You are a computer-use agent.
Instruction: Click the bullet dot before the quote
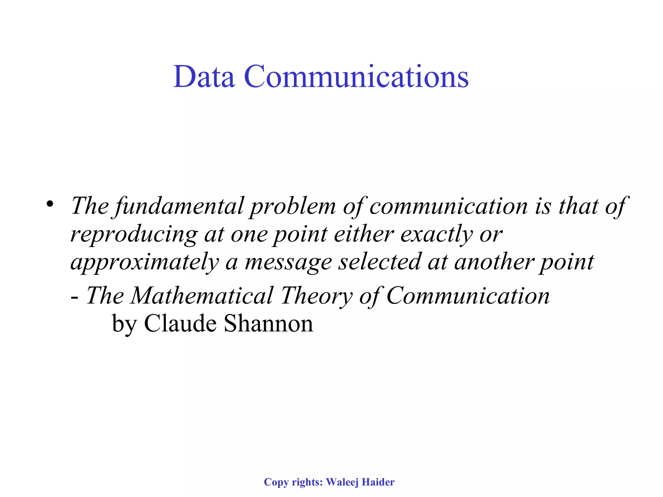(50, 204)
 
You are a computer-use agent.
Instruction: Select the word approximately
(144, 262)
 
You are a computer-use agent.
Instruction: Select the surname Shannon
(268, 323)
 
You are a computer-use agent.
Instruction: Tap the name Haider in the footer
(378, 482)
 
